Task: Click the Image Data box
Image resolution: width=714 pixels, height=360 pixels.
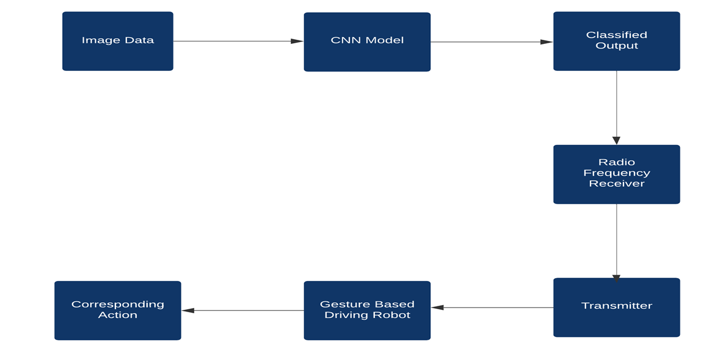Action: [x=118, y=41]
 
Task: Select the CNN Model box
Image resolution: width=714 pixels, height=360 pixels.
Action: [x=367, y=42]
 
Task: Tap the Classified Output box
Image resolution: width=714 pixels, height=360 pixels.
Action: [x=616, y=41]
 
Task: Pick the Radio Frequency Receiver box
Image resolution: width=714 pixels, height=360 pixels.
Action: [x=616, y=174]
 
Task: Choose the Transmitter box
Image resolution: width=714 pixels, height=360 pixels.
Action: [x=616, y=307]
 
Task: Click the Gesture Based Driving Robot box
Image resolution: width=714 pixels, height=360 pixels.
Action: [x=367, y=310]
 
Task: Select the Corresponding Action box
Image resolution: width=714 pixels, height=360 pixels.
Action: [x=118, y=310]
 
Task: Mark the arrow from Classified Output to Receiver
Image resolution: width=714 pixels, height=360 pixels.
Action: [x=616, y=107]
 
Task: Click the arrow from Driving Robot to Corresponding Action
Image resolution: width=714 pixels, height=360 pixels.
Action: [x=242, y=310]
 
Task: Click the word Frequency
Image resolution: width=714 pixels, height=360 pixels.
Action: [x=617, y=173]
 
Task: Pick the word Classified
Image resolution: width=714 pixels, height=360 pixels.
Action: [x=617, y=35]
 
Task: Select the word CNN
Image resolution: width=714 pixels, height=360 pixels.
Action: [x=344, y=40]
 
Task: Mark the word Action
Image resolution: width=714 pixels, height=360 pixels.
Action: [x=118, y=315]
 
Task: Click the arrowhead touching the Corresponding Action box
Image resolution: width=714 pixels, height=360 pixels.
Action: [x=188, y=310]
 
